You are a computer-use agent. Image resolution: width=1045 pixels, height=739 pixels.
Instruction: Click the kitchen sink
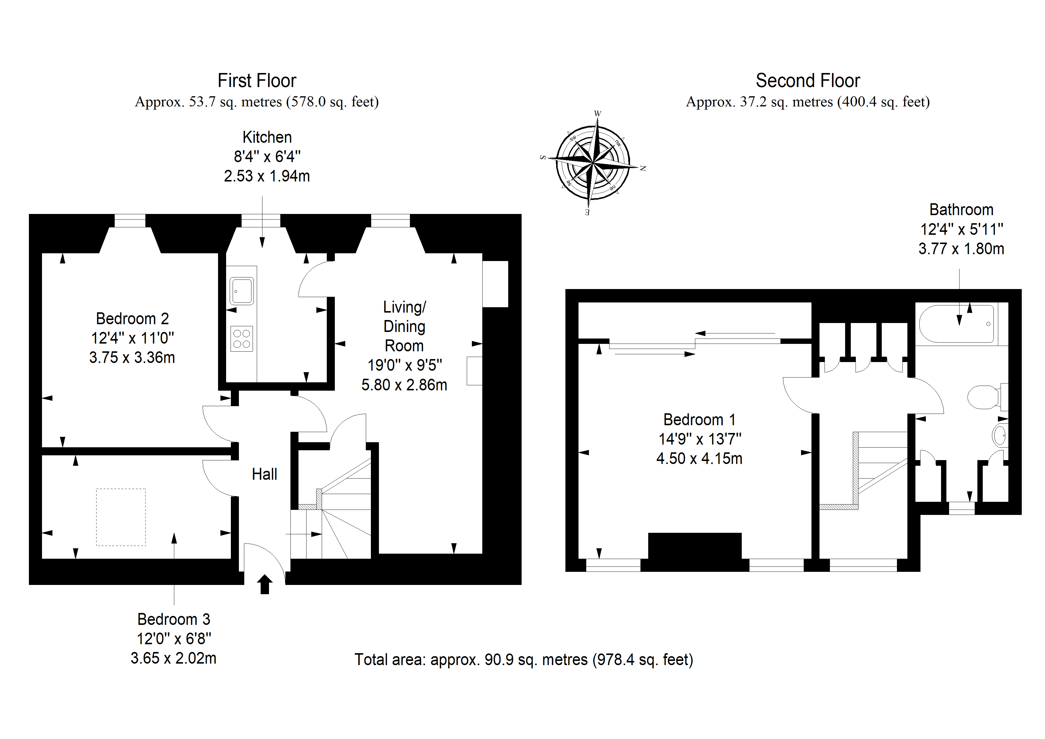click(242, 291)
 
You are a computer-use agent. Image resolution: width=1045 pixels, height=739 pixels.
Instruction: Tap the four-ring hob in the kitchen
click(242, 339)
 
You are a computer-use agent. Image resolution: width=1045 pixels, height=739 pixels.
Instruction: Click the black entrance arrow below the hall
click(265, 584)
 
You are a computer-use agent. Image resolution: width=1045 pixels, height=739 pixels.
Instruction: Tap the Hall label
click(265, 474)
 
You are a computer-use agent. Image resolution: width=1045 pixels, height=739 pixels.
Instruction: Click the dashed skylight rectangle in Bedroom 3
click(121, 517)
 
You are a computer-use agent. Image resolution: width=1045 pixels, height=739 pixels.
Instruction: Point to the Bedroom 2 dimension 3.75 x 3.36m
click(132, 358)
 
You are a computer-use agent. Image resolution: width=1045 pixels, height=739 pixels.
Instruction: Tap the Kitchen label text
click(267, 137)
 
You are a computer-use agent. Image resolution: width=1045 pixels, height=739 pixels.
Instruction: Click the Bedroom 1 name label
click(699, 419)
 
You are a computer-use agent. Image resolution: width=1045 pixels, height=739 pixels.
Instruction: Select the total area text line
click(524, 660)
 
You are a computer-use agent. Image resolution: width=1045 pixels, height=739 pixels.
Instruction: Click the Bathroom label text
click(961, 209)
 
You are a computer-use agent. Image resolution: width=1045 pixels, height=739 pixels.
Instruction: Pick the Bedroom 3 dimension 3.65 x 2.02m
click(173, 659)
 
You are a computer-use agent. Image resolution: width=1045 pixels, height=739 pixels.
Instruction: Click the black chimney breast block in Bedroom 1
click(695, 552)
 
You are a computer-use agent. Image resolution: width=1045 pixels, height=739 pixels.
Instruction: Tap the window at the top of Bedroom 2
click(130, 221)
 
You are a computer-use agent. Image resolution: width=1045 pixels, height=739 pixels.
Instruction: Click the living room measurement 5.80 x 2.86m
click(404, 385)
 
